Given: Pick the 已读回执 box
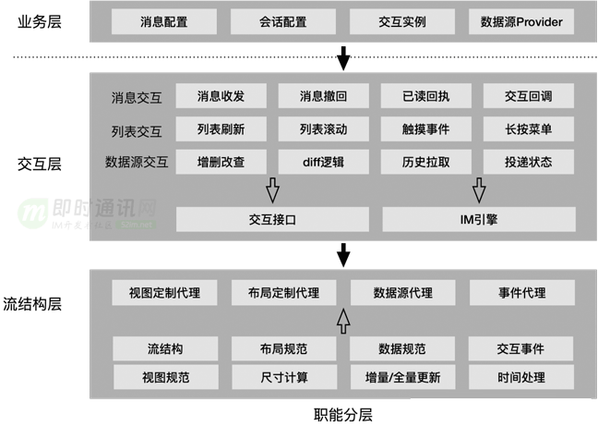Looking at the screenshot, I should (x=426, y=96).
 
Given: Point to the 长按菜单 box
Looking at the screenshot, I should (x=529, y=129).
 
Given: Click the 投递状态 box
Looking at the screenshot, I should (x=529, y=163).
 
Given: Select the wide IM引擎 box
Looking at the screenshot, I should (x=478, y=219).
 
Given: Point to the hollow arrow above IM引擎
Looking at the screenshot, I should (x=478, y=190).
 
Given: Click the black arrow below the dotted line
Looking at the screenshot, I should (x=343, y=61).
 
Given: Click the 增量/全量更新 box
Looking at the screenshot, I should (x=402, y=377).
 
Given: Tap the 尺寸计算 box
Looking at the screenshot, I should (x=283, y=377).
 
